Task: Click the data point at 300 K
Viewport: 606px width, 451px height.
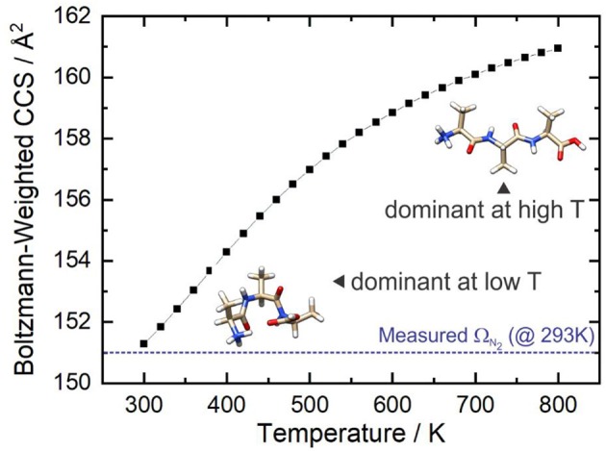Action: [143, 343]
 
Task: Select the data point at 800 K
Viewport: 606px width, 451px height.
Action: [558, 48]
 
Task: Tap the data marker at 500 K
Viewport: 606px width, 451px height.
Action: [309, 169]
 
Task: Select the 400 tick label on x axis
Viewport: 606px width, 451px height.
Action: [226, 404]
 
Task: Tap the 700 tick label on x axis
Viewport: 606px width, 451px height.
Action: [475, 404]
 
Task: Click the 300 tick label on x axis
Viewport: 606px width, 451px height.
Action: [143, 404]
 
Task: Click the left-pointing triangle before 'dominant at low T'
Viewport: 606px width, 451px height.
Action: [338, 281]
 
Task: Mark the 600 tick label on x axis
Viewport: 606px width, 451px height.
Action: [392, 404]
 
